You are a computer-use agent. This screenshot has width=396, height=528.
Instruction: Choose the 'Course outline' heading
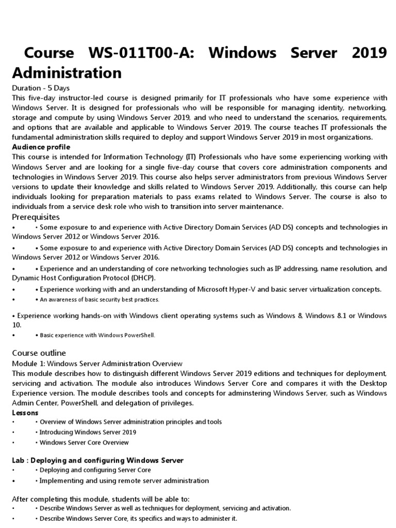coord(39,353)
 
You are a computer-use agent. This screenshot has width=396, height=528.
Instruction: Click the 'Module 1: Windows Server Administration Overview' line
coord(97,364)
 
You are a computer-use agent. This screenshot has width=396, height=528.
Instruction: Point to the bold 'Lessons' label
coord(25,413)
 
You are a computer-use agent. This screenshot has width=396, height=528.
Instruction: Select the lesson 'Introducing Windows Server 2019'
coord(88,432)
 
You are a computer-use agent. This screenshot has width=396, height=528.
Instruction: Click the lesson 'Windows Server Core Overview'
coord(84,442)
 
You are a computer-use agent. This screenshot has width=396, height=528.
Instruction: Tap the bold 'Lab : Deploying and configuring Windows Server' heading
coord(97,460)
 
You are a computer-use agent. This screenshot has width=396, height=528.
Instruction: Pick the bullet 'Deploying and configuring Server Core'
coord(95,470)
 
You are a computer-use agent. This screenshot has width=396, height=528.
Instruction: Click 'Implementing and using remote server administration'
coord(122,481)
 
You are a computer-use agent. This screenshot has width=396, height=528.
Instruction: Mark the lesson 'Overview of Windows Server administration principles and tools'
coord(130,422)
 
